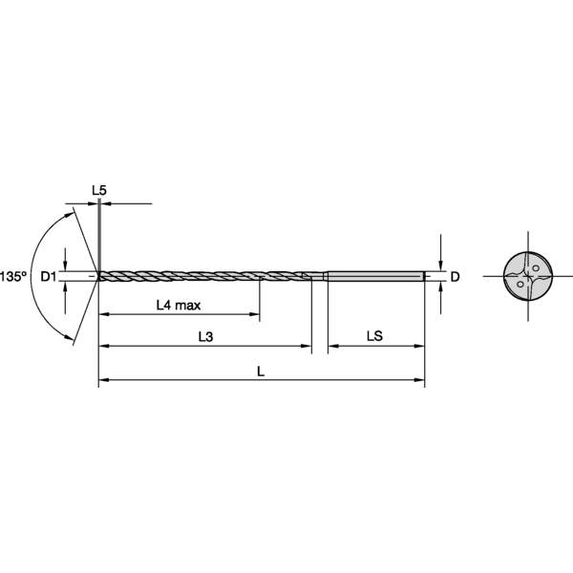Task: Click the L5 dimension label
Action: [x=99, y=191]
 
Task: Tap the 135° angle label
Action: [x=12, y=276]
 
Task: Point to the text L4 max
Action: [x=179, y=306]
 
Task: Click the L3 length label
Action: [x=205, y=336]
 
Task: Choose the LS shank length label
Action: [x=374, y=336]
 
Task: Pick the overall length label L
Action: [x=262, y=372]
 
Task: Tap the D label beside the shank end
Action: [x=455, y=277]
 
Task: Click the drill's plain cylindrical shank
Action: [x=375, y=277]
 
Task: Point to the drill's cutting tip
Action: [x=100, y=277]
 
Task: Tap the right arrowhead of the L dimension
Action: [x=420, y=381]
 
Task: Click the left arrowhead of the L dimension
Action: [x=104, y=381]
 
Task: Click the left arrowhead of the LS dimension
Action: [x=332, y=345]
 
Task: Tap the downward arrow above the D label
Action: [x=440, y=265]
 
